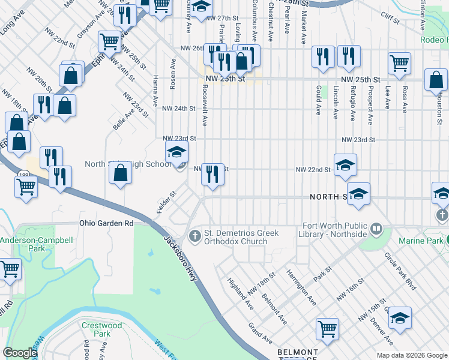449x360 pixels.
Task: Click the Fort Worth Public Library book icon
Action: [376, 229]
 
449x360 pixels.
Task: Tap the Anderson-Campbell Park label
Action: [22, 244]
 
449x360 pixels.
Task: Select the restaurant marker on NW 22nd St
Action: [212, 175]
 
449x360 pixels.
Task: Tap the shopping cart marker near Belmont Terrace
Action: [328, 329]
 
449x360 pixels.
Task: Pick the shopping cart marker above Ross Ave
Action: [399, 63]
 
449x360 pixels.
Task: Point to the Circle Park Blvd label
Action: [401, 275]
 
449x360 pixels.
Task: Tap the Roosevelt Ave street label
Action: [205, 106]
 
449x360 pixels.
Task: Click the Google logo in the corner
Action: [20, 353]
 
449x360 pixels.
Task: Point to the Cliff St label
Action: [390, 19]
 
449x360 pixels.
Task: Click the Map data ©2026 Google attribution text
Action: [411, 355]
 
